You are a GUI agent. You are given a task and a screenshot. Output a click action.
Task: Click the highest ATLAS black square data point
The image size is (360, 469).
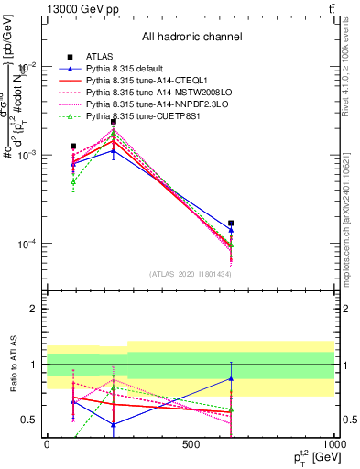[114, 121]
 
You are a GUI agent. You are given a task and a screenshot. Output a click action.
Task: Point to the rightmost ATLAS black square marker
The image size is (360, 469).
[231, 223]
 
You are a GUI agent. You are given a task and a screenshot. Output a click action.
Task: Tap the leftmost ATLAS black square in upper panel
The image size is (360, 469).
[73, 146]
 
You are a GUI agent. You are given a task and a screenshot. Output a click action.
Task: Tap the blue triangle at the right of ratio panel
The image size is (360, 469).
[231, 378]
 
